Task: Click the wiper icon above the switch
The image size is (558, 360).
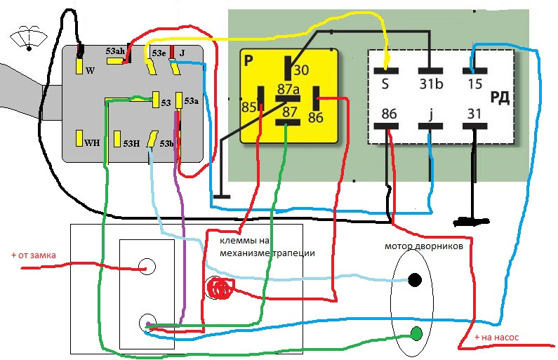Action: pyautogui.click(x=29, y=38)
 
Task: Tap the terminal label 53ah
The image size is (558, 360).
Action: pyautogui.click(x=115, y=51)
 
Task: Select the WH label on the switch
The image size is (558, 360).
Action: pyautogui.click(x=92, y=143)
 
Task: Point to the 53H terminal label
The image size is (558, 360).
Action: pyautogui.click(x=131, y=143)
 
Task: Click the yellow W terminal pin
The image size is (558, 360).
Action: pyautogui.click(x=79, y=66)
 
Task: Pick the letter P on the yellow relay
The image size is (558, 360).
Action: pyautogui.click(x=248, y=61)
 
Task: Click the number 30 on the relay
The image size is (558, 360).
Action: pyautogui.click(x=301, y=70)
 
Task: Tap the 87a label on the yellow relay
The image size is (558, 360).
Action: pyautogui.click(x=288, y=89)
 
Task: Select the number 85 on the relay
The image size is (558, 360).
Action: pyautogui.click(x=248, y=107)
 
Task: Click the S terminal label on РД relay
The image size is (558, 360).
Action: pyautogui.click(x=385, y=84)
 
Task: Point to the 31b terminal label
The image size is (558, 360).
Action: pyautogui.click(x=431, y=84)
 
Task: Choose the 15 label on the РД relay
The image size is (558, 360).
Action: pyautogui.click(x=474, y=84)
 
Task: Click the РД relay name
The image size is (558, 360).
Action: pyautogui.click(x=500, y=98)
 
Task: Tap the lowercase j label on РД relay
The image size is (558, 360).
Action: pyautogui.click(x=431, y=114)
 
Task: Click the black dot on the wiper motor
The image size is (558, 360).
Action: pyautogui.click(x=415, y=280)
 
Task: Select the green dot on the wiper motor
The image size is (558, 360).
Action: pyautogui.click(x=416, y=333)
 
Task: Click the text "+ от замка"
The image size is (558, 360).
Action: pyautogui.click(x=34, y=255)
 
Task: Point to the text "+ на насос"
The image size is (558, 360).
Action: pyautogui.click(x=496, y=338)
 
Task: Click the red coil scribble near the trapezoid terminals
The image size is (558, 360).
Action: pyautogui.click(x=220, y=288)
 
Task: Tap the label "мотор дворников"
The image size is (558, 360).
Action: pyautogui.click(x=424, y=246)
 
